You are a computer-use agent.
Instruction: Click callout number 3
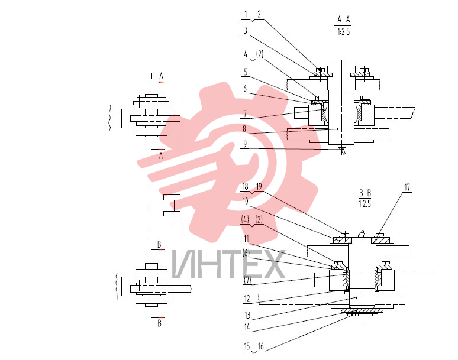[x=246, y=30]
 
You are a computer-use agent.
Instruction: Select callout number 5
[x=246, y=72]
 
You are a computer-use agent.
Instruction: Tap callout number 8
[x=244, y=129]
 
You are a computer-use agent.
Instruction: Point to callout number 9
[x=245, y=144]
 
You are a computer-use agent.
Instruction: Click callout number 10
[x=246, y=201]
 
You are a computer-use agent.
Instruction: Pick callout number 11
[x=246, y=239]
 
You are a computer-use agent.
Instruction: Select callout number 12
[x=247, y=299]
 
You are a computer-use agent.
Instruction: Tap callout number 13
[x=247, y=315]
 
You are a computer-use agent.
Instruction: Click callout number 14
[x=247, y=327]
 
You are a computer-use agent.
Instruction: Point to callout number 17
[x=407, y=187]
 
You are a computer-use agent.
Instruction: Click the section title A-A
[x=343, y=20]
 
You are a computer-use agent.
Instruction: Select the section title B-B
[x=365, y=193]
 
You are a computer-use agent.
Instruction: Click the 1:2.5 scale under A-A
[x=343, y=31]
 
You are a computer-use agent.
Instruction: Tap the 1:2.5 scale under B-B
[x=365, y=203]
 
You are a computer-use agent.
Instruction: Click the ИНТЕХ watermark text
[x=228, y=264]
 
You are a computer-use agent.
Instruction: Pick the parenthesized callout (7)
[x=247, y=280]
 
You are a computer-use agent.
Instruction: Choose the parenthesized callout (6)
[x=246, y=253]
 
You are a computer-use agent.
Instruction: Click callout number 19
[x=259, y=186]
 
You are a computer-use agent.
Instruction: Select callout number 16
[x=260, y=346]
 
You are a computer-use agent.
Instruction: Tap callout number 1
[x=246, y=14]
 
